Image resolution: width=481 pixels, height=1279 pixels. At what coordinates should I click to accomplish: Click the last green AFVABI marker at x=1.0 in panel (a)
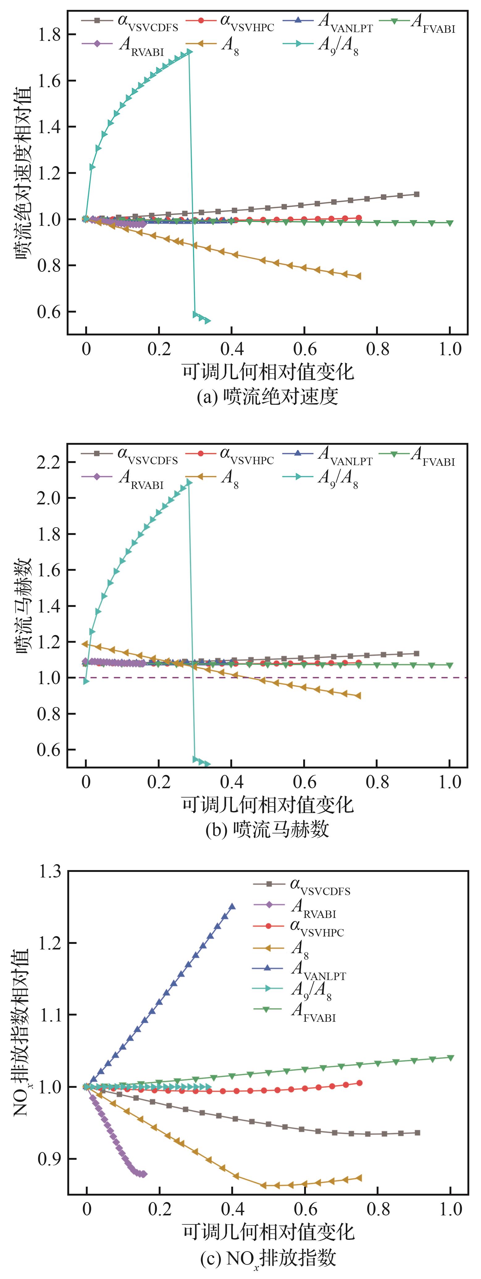pyautogui.click(x=450, y=223)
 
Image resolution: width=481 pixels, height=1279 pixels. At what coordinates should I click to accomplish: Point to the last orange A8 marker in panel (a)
pyautogui.click(x=358, y=276)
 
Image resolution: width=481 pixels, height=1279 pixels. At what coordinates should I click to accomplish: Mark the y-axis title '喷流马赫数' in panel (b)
pyautogui.click(x=23, y=606)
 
